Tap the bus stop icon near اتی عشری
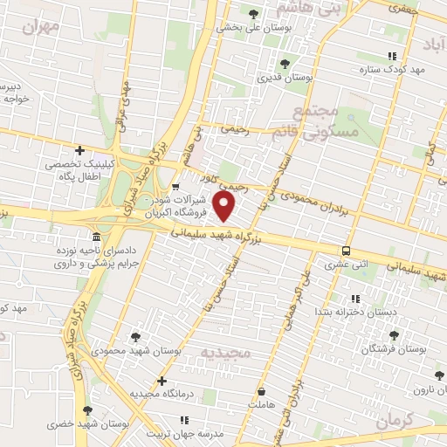click(x=347, y=250)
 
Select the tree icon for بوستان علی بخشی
click(x=253, y=14)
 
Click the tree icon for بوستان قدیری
click(x=284, y=63)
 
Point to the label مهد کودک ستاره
click(x=395, y=68)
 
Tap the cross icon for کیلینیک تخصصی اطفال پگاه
click(x=79, y=150)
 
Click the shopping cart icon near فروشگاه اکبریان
click(x=175, y=185)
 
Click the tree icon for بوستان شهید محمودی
click(x=135, y=336)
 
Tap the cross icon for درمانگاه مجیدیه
click(x=162, y=381)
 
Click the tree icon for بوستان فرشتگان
click(x=394, y=334)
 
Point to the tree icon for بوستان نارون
click(x=438, y=375)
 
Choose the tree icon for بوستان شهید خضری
click(x=86, y=409)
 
